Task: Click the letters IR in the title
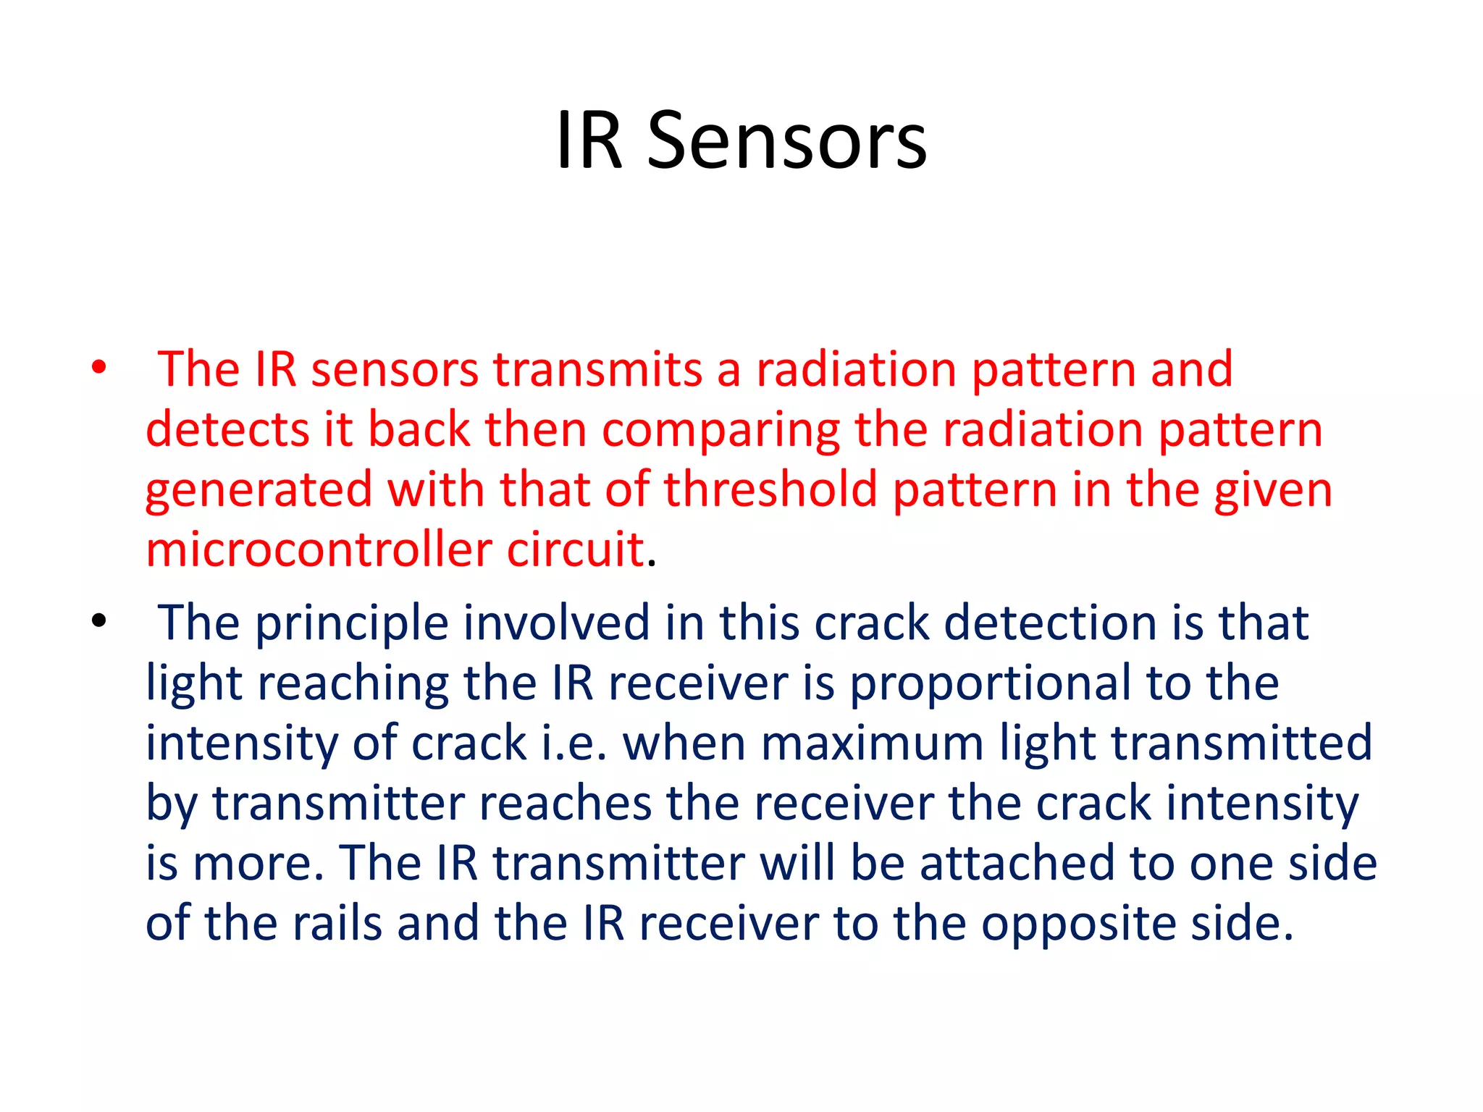(588, 141)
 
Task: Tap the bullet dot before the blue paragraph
(99, 620)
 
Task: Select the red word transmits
(597, 369)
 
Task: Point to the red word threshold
(770, 489)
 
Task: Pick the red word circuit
(575, 549)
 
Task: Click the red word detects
(227, 429)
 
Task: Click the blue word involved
(556, 623)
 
